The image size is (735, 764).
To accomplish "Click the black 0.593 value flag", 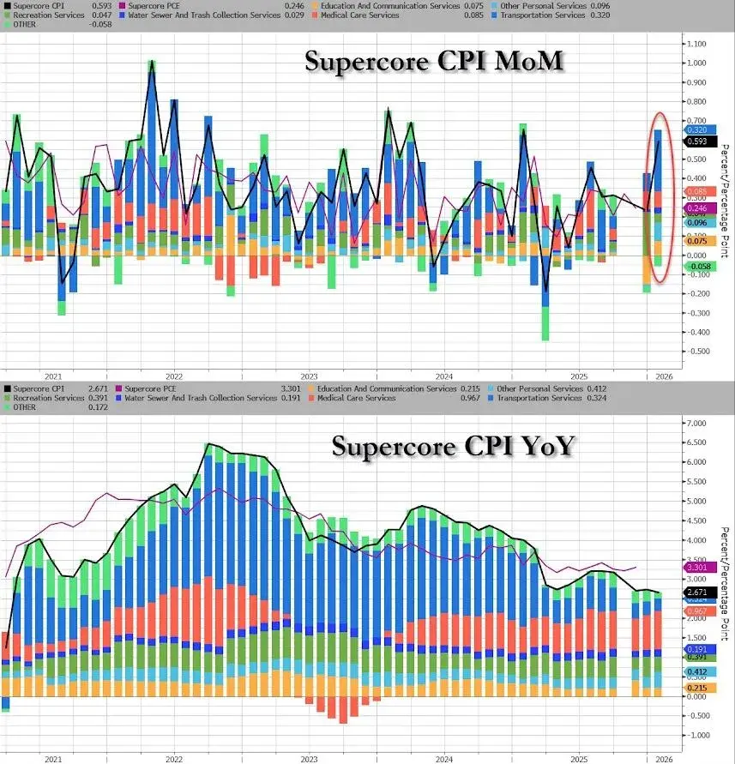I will tap(697, 141).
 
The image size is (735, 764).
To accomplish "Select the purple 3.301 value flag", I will tap(697, 567).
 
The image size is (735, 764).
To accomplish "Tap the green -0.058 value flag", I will tap(697, 266).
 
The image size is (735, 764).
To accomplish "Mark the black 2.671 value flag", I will tap(697, 592).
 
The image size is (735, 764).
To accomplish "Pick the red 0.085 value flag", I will tap(697, 191).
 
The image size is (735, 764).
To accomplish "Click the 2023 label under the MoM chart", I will tap(309, 376).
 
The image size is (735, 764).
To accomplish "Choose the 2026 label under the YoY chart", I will tap(662, 758).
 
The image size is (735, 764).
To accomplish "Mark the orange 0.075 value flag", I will tap(697, 242).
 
